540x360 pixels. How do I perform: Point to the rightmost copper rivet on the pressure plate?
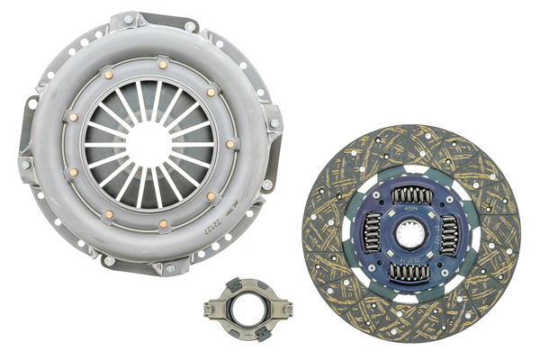[x=230, y=144]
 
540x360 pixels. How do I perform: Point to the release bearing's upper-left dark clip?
[x=220, y=294]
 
